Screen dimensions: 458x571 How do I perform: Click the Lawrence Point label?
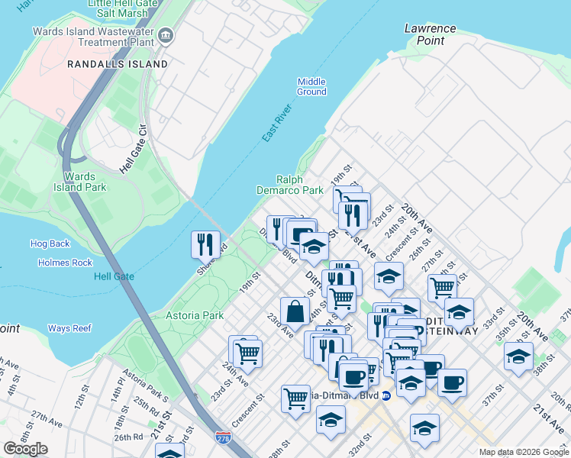coord(430,34)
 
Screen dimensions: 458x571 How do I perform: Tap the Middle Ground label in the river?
coord(311,87)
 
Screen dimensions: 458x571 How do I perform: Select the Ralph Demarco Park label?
coord(289,185)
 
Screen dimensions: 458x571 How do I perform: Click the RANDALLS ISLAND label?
coord(117,64)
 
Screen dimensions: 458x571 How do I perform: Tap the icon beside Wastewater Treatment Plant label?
coord(166,36)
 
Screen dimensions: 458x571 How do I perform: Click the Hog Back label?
coord(50,244)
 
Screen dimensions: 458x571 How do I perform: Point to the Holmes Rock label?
coord(65,263)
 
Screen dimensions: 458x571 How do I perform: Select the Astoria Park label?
coord(195,314)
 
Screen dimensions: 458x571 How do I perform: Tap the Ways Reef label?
coord(69,328)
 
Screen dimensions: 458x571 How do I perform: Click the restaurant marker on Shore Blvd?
coord(205,244)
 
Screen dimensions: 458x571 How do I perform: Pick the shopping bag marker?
coord(295,311)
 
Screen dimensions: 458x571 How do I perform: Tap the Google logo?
coord(26,448)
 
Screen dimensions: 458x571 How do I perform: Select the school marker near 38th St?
coord(518,356)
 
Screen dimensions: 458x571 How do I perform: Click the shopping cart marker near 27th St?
coord(442,288)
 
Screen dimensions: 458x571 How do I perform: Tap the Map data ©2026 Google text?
coord(524,452)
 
